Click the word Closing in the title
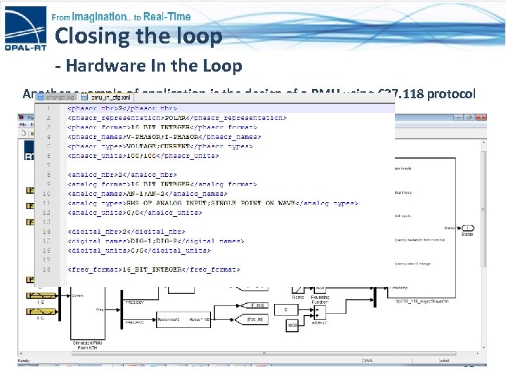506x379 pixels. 91,36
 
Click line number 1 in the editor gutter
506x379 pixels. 47,108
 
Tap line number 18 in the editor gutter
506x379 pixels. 46,269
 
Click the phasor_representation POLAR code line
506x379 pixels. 176,118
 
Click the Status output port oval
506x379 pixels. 468,228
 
